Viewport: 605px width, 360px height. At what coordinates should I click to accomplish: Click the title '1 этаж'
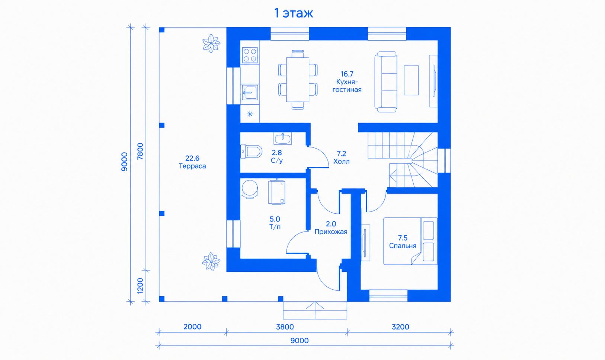click(294, 13)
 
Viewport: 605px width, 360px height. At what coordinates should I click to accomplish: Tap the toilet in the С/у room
click(251, 152)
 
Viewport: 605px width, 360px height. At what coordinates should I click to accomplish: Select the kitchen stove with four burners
click(250, 55)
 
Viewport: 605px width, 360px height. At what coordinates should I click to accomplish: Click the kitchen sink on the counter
click(250, 92)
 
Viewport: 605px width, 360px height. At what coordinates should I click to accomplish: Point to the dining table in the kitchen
click(298, 79)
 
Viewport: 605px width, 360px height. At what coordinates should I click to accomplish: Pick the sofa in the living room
click(386, 82)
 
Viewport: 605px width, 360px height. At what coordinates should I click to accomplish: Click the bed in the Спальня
click(410, 241)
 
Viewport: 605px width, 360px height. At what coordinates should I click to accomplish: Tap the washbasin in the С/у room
click(282, 138)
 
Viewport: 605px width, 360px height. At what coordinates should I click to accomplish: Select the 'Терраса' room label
click(192, 166)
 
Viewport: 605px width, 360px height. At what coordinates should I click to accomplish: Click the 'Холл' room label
click(342, 161)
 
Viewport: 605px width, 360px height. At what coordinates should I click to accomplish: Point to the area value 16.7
click(347, 74)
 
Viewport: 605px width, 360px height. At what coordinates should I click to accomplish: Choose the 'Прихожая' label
click(331, 232)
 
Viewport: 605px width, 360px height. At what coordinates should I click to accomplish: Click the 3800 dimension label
click(285, 327)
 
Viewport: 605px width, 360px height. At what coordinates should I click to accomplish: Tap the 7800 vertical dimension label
click(140, 152)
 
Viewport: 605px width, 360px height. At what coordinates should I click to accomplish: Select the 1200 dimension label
click(140, 286)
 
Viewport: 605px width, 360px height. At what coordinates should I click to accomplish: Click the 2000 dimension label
click(192, 327)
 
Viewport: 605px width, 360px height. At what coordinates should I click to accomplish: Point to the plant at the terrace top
click(211, 43)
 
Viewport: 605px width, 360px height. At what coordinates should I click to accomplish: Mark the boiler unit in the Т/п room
click(276, 192)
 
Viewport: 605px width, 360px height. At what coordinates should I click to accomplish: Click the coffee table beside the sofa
click(411, 80)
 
